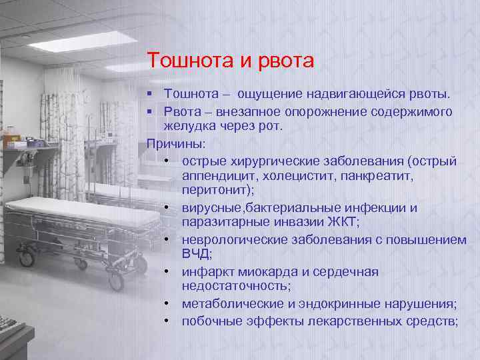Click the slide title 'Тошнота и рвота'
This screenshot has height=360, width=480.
pos(230,61)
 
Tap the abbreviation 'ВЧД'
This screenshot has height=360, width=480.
pos(196,255)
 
